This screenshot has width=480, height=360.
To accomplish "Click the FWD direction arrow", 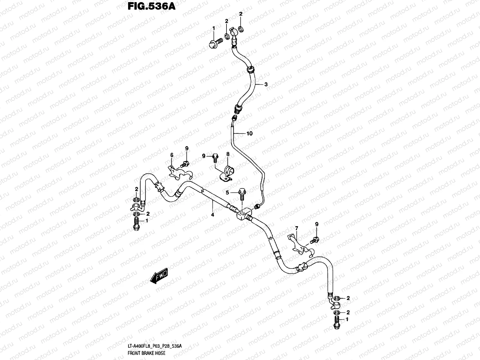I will point(159,276).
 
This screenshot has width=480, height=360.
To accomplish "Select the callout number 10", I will point(250,133).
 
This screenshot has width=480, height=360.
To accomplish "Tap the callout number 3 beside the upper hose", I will point(265,85).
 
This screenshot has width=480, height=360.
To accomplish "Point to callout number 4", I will point(212,215).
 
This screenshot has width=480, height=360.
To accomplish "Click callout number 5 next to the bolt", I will point(227,192).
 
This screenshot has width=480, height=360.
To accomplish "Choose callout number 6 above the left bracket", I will point(172,155).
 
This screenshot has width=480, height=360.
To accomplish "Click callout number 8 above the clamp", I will point(228,154).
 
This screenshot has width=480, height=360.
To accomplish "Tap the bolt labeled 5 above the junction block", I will point(242,194).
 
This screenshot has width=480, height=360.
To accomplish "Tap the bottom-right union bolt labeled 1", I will point(336,322).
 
